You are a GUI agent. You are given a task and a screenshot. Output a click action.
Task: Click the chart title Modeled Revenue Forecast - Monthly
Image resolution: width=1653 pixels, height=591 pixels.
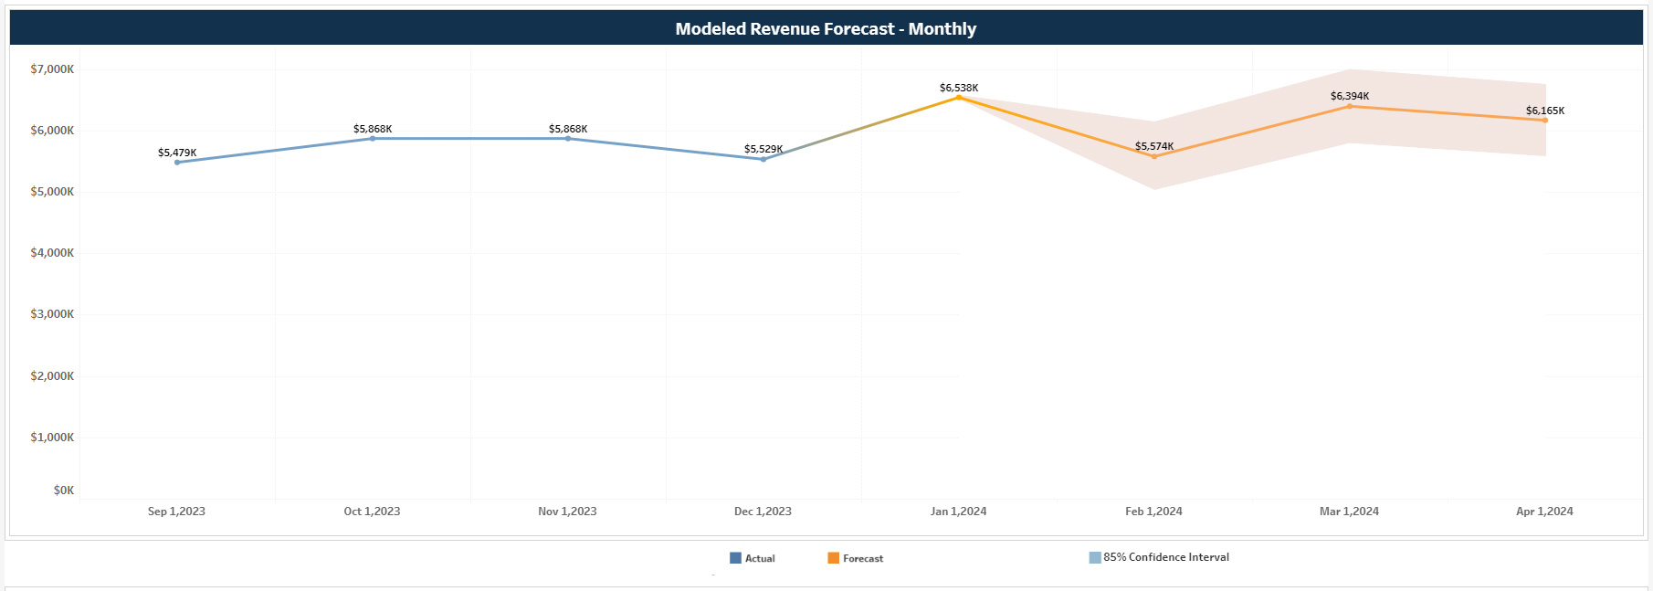826,29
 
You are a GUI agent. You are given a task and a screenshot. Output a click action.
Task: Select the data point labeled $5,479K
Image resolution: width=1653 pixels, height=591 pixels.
177,162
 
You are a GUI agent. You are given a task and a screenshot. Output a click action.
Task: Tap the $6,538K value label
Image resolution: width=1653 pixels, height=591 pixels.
958,88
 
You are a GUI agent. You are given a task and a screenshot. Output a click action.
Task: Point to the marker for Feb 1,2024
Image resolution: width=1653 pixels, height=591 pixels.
1154,156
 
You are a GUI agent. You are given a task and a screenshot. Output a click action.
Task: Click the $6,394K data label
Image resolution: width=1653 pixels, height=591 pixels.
1349,96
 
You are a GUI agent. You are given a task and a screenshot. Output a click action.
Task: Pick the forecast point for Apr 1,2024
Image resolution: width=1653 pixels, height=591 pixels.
1544,120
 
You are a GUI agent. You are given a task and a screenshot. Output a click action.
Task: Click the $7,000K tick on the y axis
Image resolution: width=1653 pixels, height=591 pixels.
52,69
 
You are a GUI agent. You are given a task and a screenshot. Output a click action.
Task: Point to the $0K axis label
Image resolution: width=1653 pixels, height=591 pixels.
63,491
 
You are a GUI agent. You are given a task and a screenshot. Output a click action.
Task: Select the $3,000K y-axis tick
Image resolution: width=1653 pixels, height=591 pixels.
52,314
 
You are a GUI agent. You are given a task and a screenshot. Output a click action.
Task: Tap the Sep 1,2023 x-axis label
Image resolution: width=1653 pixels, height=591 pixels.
176,512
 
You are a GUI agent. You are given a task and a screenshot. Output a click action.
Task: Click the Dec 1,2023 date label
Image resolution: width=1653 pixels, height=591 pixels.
763,512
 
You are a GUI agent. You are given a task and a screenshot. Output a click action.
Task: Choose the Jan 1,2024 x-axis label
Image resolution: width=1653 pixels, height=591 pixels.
958,512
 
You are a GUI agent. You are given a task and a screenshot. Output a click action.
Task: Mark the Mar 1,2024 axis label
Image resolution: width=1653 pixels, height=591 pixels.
1349,512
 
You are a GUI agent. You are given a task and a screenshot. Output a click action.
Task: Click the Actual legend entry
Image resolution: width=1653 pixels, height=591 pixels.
759,558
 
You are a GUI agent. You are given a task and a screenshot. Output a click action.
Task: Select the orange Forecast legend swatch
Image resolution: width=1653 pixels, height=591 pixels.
833,558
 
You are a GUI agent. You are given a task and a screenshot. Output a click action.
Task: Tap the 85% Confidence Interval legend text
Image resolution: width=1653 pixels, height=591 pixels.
1165,557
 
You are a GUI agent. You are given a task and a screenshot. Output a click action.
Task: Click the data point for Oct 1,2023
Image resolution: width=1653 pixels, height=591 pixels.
372,138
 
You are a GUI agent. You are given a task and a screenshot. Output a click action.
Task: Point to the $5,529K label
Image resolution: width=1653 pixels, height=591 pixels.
763,149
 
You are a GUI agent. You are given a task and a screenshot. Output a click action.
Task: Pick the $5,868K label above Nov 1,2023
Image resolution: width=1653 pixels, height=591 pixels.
567,129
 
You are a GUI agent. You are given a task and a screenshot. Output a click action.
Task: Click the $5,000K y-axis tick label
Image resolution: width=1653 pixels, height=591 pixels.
52,192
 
